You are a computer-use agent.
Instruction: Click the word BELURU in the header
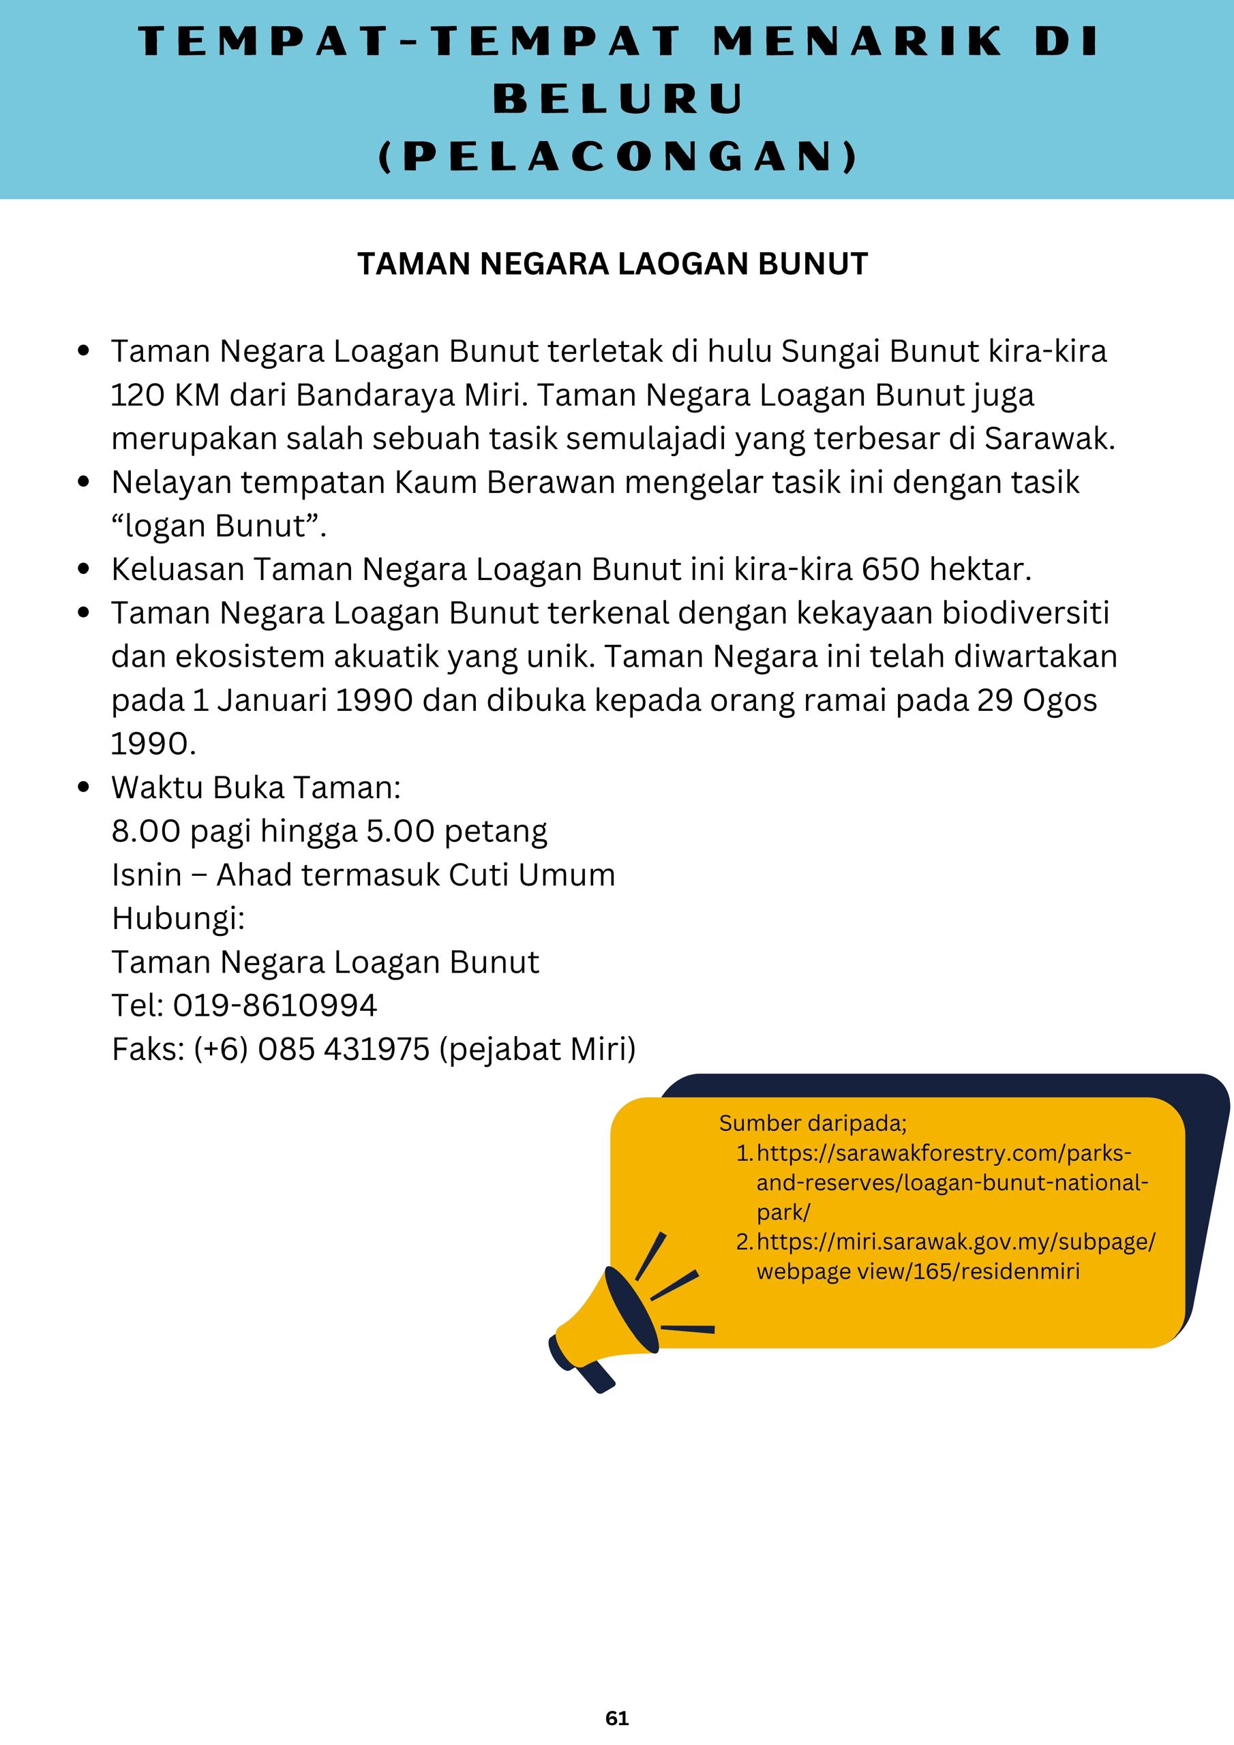[618, 99]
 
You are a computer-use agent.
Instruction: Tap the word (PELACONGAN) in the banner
[618, 157]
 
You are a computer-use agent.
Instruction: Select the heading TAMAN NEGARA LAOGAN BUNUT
[612, 264]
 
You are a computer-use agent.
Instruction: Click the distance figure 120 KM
[165, 395]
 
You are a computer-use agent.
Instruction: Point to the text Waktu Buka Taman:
[256, 787]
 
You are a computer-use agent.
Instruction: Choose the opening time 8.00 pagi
[181, 831]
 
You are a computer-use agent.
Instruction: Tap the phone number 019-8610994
[275, 1005]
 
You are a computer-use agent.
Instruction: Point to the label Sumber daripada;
[813, 1123]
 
